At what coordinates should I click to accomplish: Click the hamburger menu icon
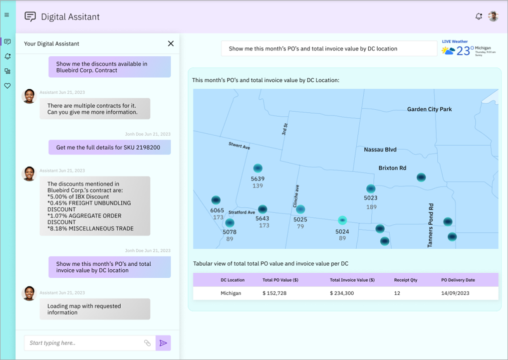[7, 15]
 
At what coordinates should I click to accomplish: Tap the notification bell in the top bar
[479, 16]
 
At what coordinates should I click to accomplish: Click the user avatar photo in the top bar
[493, 16]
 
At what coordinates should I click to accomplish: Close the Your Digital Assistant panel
[171, 43]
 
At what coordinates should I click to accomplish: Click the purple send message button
[163, 343]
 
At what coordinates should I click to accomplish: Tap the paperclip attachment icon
[147, 343]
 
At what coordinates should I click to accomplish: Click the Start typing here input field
[82, 343]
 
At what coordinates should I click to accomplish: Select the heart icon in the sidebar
[7, 86]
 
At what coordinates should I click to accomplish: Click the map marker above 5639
[257, 168]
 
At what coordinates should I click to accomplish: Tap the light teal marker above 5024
[342, 220]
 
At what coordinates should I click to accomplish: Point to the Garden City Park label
[429, 109]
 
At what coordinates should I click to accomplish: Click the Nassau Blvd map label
[380, 150]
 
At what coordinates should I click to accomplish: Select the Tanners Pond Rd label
[431, 225]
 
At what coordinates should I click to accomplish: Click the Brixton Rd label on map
[392, 168]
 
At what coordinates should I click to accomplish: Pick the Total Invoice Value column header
[352, 280]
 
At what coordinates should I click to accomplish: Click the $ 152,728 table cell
[274, 293]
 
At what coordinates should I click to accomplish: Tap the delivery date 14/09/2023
[455, 293]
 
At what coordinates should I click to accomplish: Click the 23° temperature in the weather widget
[465, 51]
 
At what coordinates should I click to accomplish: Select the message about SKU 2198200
[109, 148]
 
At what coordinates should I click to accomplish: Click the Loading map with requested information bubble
[95, 309]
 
